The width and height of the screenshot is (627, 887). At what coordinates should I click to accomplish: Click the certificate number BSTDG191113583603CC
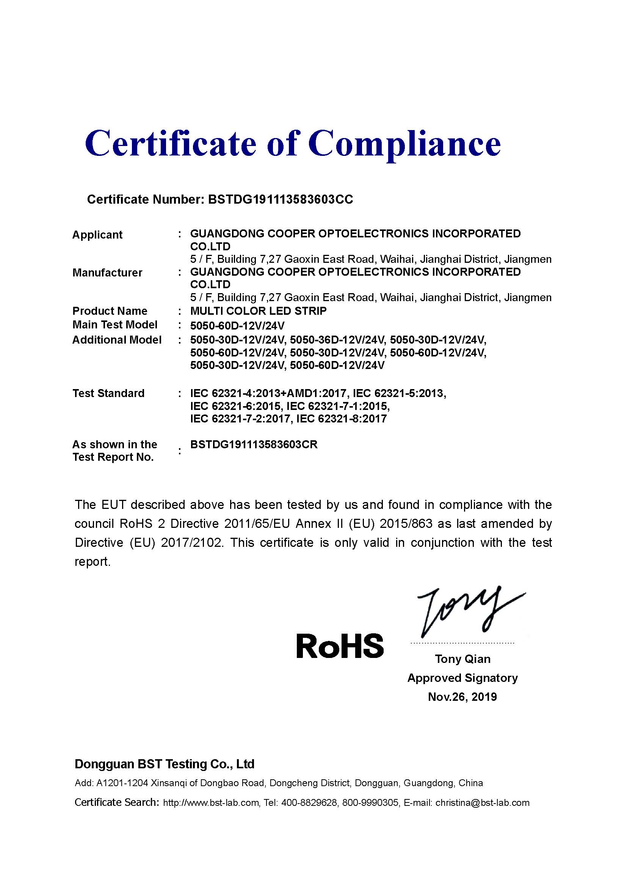coord(280,199)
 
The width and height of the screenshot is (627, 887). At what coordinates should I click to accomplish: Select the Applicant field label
coord(97,235)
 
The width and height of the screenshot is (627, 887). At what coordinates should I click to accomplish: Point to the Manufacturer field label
coord(107,273)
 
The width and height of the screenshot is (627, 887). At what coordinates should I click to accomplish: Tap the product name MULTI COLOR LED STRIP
coord(258,311)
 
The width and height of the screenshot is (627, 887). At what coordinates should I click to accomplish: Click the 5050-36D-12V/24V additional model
coord(338,340)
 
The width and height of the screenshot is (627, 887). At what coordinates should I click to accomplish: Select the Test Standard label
coord(108,393)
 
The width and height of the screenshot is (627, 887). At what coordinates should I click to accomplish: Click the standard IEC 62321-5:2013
coord(400,393)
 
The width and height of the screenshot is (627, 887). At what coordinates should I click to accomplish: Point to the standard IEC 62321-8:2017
coord(342,419)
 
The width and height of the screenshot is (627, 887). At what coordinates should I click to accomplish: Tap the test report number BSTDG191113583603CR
coord(254,445)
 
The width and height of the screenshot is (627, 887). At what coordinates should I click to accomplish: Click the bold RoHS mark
coord(340,646)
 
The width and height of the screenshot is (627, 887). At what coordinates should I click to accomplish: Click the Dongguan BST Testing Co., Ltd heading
coord(165,764)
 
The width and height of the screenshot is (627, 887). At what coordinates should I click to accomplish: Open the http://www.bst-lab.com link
coord(211,803)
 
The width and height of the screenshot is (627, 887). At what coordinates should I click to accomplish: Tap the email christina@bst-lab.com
coord(482,803)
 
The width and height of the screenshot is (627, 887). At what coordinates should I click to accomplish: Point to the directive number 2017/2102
coord(192,543)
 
